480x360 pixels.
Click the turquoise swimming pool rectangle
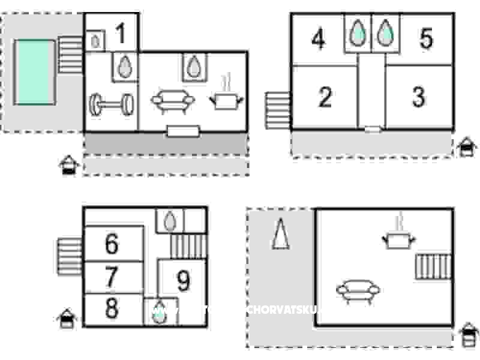(34, 72)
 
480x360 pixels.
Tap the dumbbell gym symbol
(112, 104)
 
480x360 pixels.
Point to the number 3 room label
(419, 96)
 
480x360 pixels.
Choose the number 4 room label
(318, 40)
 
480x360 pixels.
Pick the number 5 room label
(426, 39)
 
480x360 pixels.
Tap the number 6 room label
(112, 244)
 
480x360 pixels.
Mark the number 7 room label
(112, 277)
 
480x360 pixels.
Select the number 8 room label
(112, 309)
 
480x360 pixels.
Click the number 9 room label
(183, 280)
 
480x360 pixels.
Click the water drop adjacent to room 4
(358, 34)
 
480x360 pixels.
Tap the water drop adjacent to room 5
(385, 34)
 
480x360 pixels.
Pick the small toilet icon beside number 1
(95, 41)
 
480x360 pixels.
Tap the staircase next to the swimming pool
(70, 55)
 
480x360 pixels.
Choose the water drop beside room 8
(159, 313)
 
